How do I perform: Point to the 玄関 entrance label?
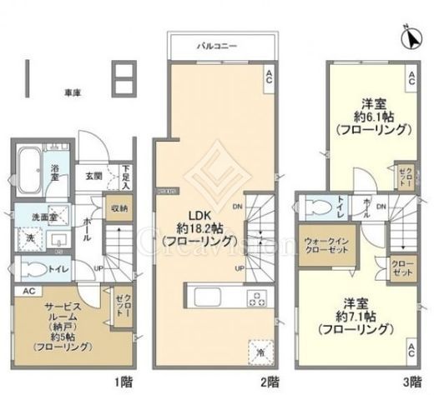(93, 177)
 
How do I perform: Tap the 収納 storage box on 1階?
(119, 208)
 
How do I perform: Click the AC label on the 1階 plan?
(27, 292)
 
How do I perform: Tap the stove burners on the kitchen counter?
(255, 297)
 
